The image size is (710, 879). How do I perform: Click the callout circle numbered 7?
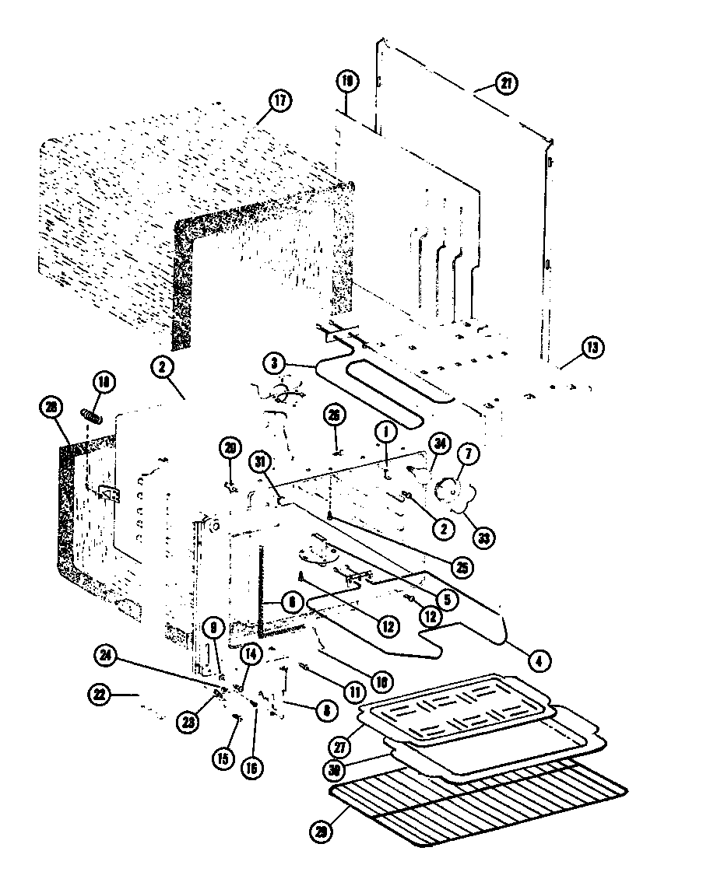pos(472,454)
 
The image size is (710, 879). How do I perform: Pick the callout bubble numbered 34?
pos(441,445)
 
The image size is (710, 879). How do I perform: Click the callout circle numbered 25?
pos(464,567)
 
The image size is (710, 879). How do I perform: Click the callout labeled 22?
pos(99,694)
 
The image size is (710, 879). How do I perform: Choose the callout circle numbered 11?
pos(356,690)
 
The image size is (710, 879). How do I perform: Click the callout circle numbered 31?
pos(258,462)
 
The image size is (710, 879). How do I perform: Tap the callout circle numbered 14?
pos(251,655)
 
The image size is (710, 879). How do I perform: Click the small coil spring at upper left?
pos(91,415)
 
